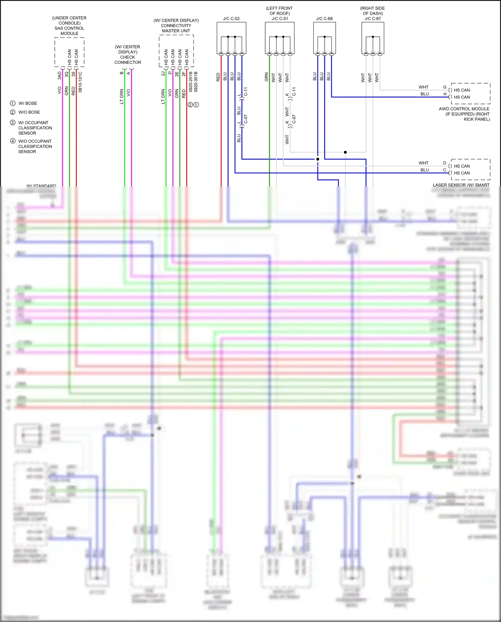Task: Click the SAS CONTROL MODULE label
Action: [69, 28]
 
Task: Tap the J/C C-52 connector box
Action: [231, 38]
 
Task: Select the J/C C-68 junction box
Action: [324, 38]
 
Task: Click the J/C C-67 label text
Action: [373, 19]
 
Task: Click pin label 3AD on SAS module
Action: [60, 75]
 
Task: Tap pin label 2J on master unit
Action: [163, 74]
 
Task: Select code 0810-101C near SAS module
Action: [80, 82]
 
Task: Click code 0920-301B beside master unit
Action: [196, 82]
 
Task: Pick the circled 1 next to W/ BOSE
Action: [13, 103]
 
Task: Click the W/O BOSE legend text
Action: [29, 112]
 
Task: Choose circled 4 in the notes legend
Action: [13, 141]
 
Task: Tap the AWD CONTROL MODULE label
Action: [464, 109]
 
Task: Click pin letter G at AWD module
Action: [445, 87]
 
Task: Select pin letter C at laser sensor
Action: [445, 170]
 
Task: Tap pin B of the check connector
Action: [122, 73]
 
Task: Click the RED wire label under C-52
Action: [218, 77]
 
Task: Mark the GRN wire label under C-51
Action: [266, 77]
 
